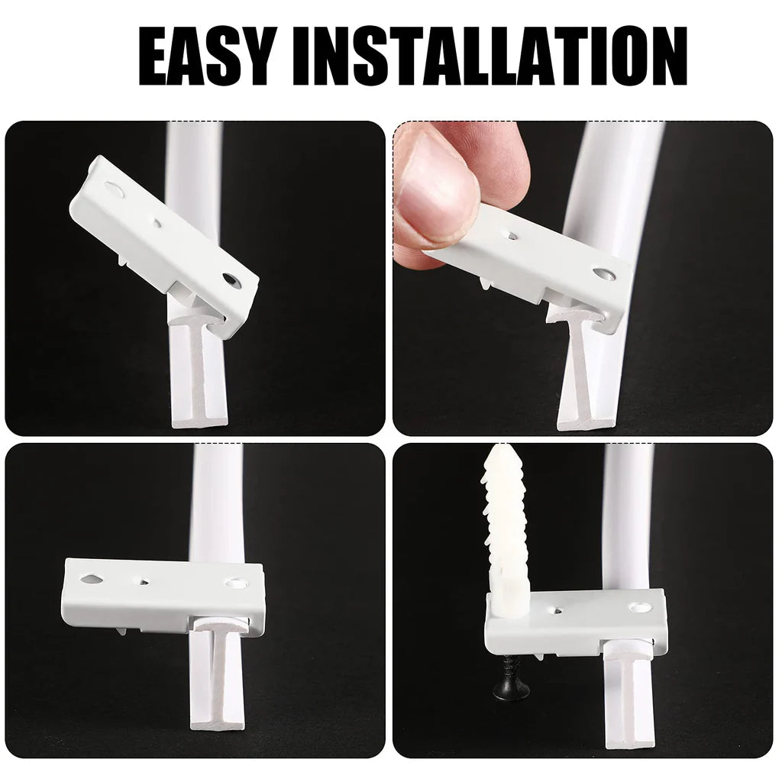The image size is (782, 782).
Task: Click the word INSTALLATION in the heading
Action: (490, 56)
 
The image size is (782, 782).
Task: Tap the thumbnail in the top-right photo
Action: (435, 190)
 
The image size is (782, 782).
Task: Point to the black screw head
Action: (511, 689)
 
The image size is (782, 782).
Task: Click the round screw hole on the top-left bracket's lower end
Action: (231, 280)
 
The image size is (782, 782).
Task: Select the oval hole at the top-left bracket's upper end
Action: (115, 188)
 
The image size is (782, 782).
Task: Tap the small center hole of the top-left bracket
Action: (157, 223)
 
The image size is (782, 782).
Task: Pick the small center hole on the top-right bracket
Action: (512, 235)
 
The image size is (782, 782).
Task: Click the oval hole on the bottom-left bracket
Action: (92, 579)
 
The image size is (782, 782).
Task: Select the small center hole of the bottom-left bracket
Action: (144, 581)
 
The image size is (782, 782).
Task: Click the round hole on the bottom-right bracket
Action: (640, 607)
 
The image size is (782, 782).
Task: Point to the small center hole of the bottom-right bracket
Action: (557, 610)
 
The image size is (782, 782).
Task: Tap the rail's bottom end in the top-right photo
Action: (586, 419)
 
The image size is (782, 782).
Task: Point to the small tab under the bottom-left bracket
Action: (121, 631)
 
